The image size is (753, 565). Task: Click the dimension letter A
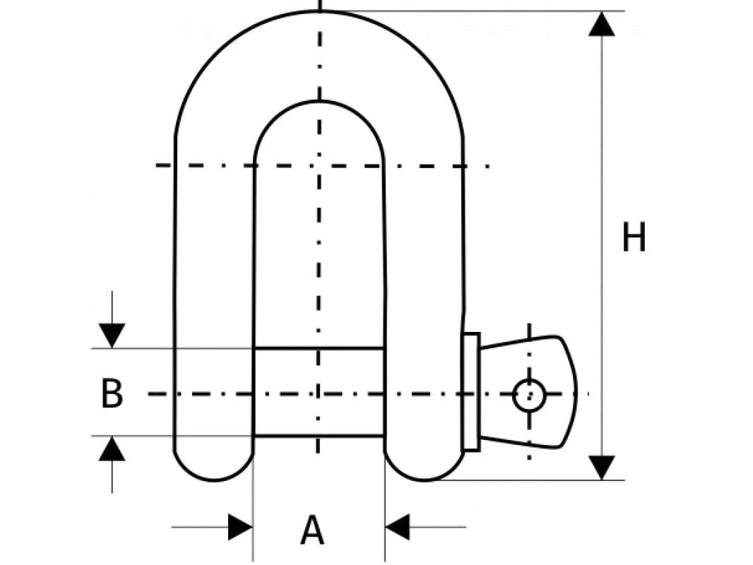313,530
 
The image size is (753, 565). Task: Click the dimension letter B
112,394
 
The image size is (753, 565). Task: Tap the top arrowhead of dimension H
601,24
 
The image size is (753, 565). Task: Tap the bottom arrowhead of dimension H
601,468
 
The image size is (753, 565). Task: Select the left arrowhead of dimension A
240,527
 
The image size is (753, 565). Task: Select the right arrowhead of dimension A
398,527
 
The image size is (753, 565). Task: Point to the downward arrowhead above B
112,335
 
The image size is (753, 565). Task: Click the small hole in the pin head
529,395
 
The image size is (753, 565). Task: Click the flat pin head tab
551,392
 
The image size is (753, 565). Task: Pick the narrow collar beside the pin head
470,392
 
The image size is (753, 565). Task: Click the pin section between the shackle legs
319,392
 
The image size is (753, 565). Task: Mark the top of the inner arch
319,102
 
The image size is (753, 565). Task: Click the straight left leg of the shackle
214,282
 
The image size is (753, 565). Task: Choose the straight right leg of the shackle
424,282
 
